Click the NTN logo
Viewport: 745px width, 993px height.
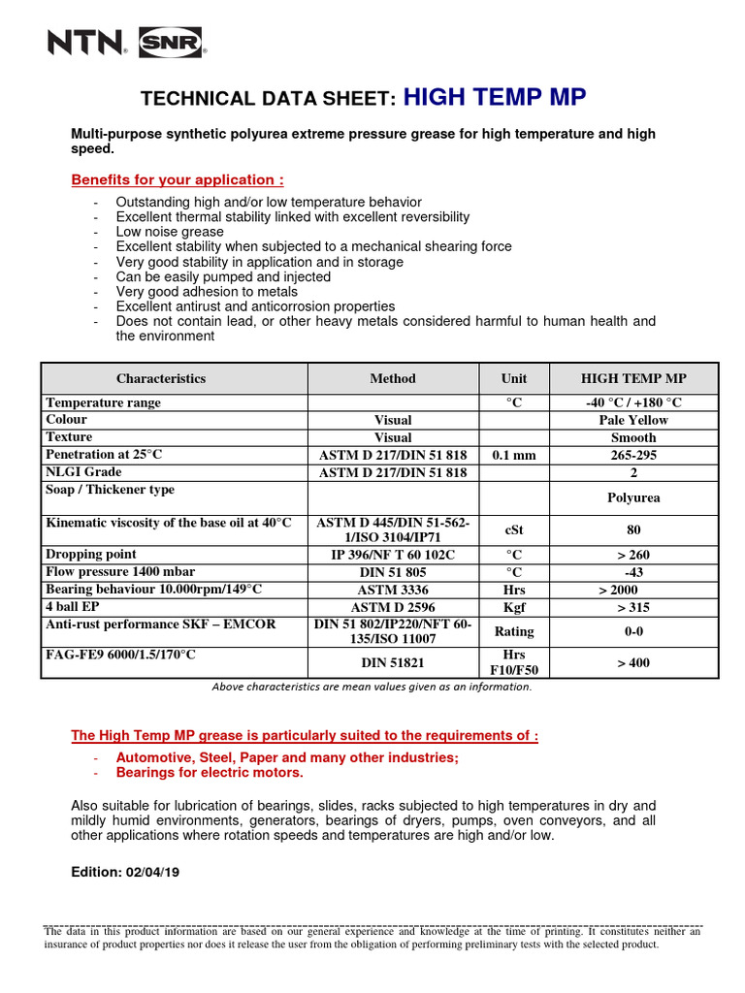85,43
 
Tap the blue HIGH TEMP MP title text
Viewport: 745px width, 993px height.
494,97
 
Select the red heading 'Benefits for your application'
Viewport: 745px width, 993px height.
178,179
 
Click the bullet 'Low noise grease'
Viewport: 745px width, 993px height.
170,232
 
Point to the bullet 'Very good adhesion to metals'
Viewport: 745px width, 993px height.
207,291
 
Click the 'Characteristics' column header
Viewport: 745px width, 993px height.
161,378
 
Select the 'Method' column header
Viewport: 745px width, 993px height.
393,378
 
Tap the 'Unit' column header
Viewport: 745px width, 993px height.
513,378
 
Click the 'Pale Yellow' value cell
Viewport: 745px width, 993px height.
633,420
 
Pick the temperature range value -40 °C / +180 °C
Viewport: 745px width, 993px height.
633,402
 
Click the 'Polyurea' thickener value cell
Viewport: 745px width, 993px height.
633,497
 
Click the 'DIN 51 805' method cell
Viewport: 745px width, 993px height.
393,572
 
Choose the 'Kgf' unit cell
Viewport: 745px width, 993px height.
513,607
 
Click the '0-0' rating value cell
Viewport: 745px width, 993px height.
633,631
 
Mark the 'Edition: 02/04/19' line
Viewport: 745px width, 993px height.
126,871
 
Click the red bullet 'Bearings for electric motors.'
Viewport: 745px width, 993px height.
210,772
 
